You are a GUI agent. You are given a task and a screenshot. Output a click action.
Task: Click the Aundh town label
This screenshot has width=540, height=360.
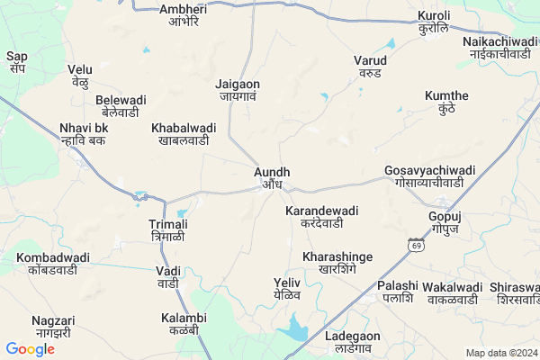(x=271, y=177)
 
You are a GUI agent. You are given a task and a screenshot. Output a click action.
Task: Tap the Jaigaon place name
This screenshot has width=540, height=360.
(x=238, y=91)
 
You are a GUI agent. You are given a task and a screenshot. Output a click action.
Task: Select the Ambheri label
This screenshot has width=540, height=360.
(x=183, y=15)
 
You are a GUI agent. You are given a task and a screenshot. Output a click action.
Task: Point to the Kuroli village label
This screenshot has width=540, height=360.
(x=434, y=22)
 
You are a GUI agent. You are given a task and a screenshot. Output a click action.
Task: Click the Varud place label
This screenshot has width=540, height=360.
(x=370, y=67)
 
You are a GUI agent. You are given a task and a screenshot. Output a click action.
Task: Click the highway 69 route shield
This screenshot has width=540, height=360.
(x=415, y=244)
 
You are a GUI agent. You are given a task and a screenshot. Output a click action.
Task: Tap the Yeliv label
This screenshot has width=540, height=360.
(x=287, y=288)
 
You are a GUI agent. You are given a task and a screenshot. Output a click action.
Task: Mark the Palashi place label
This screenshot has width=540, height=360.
(x=398, y=291)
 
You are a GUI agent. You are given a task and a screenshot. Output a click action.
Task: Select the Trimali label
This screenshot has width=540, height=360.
(x=168, y=229)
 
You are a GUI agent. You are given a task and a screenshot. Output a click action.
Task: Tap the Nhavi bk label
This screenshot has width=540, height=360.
(x=84, y=133)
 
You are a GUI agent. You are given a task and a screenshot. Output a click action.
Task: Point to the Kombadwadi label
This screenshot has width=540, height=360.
(x=53, y=263)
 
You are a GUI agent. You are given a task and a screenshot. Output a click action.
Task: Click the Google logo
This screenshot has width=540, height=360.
(x=30, y=349)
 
